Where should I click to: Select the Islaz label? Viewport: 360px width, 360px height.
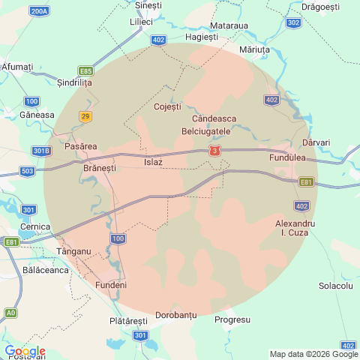[x=153, y=161]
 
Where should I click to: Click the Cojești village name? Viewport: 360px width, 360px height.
[x=167, y=106]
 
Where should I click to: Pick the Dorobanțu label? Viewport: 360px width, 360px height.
[x=175, y=315]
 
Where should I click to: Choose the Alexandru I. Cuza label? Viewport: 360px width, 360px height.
[x=295, y=229]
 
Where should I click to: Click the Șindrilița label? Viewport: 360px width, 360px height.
[x=74, y=84]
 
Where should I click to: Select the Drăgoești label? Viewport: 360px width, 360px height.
[x=320, y=7]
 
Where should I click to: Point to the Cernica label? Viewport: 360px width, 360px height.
[x=35, y=226]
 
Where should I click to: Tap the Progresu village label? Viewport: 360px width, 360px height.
[x=232, y=319]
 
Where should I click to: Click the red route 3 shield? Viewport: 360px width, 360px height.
[x=216, y=151]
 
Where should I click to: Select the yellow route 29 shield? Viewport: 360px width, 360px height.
[x=85, y=115]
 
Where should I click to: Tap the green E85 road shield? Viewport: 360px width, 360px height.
[x=86, y=70]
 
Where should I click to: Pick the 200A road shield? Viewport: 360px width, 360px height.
[x=39, y=11]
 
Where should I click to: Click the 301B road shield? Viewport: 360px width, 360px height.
[x=42, y=151]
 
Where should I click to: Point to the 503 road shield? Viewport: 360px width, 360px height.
[x=28, y=172]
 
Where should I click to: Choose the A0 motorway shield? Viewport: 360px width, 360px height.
[x=10, y=312]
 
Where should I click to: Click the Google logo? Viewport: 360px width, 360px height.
[x=24, y=351]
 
